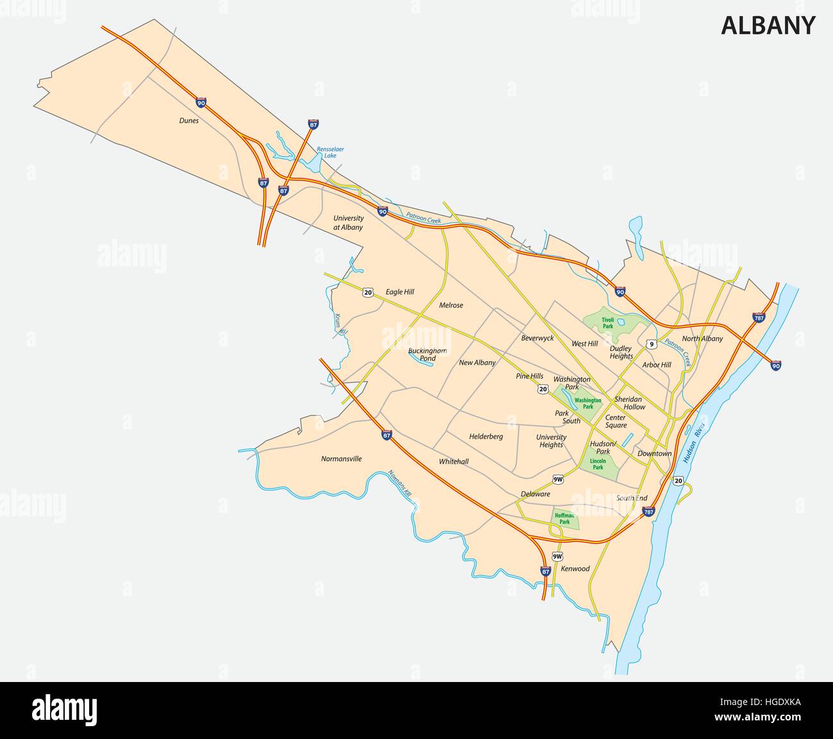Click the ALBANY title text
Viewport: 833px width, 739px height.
point(768,26)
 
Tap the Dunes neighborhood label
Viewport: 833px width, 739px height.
point(189,120)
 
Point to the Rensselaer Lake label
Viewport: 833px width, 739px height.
point(330,152)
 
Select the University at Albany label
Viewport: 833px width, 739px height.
point(348,223)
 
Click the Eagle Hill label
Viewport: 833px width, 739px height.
point(400,292)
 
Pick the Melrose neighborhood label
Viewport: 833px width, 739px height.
point(451,305)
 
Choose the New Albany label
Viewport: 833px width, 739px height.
point(477,362)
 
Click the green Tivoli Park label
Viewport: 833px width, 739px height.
point(607,323)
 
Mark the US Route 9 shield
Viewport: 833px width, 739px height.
point(652,345)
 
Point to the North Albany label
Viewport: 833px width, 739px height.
point(702,339)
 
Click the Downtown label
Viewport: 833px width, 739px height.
point(654,453)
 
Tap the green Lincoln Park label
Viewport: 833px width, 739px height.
point(598,464)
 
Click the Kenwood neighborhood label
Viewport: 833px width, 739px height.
point(575,569)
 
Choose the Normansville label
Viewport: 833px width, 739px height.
point(342,459)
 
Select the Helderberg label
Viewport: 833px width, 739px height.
point(486,437)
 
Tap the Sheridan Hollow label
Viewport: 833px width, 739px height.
point(629,403)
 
